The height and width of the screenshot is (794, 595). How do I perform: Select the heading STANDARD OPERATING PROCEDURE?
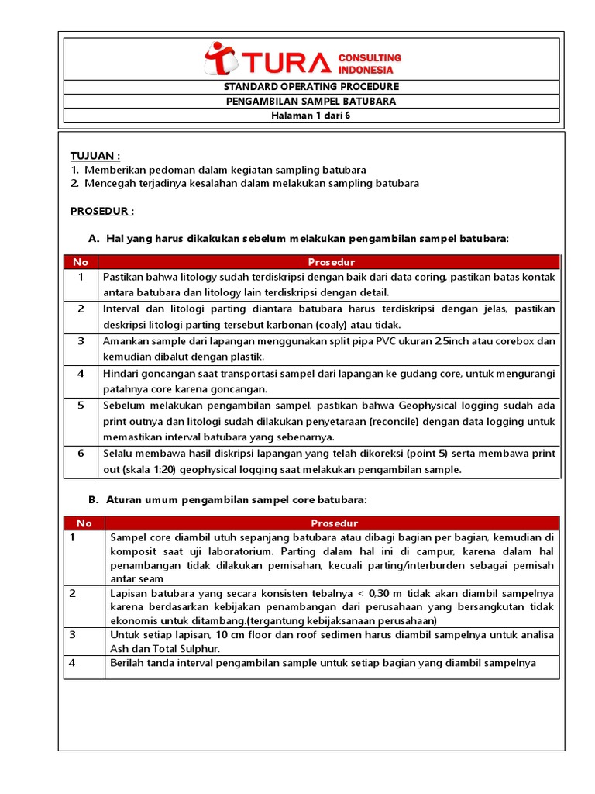coord(311,87)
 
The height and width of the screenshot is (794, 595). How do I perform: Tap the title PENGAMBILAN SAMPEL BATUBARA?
coord(311,102)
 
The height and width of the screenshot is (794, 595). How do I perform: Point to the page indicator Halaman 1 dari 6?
coord(311,116)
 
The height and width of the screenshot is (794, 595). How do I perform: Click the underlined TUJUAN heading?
coord(95,156)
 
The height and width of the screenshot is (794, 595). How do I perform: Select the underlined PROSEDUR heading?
coord(102,211)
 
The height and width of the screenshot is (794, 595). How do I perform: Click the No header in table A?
coord(81,262)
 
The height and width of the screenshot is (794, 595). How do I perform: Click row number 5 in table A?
coord(81,406)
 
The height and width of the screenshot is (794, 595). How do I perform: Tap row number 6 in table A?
coord(81,454)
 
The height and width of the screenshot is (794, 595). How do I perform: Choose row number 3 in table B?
coord(72,634)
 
